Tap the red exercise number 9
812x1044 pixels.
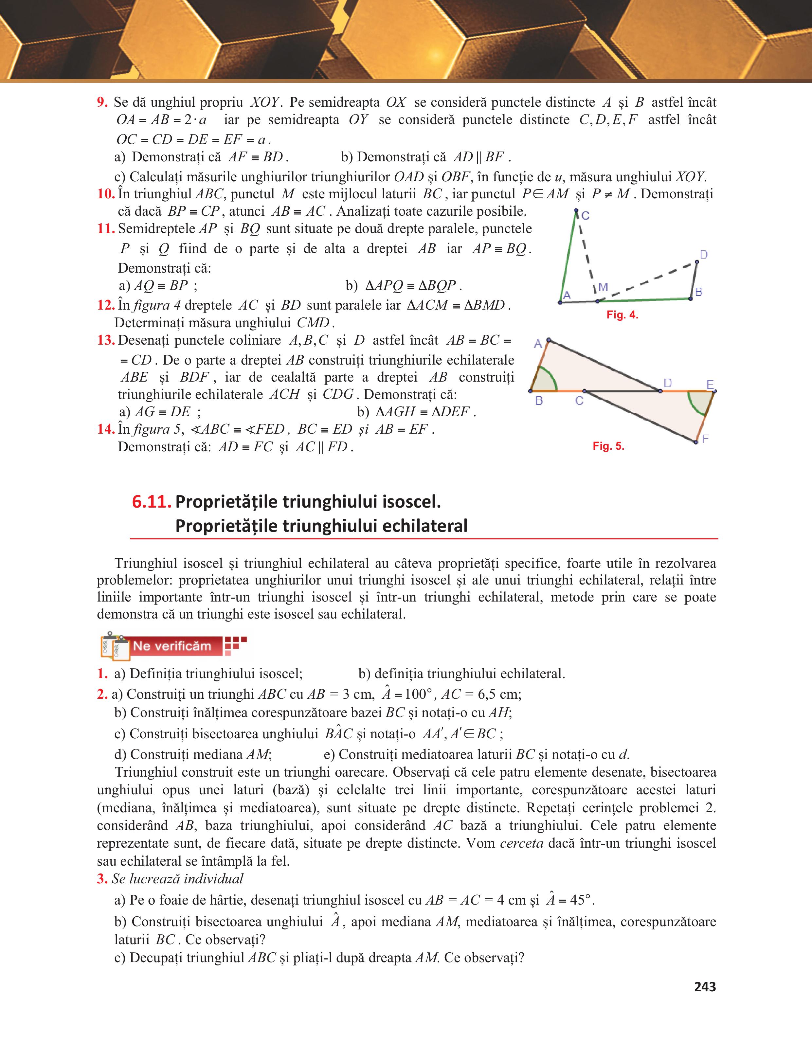coord(102,102)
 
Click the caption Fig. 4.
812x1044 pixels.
coord(622,315)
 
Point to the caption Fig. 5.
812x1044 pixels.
coord(608,446)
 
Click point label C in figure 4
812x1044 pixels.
coord(586,216)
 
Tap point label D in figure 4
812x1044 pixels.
coord(704,255)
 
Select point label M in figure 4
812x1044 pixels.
coord(603,287)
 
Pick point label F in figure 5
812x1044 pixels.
coord(705,438)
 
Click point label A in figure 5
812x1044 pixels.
coord(538,343)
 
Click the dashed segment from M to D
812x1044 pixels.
coord(648,281)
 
